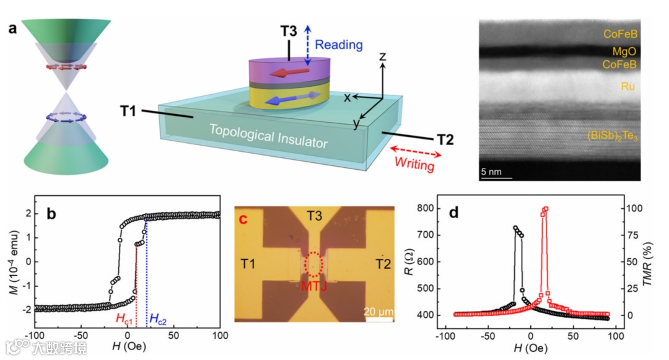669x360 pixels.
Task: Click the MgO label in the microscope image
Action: point(626,51)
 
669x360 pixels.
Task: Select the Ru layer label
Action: point(627,87)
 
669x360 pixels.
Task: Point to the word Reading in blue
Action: point(338,45)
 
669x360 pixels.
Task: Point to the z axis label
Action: point(383,57)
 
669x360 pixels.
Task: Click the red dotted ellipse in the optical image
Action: point(314,264)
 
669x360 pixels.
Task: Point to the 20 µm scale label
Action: point(378,311)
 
